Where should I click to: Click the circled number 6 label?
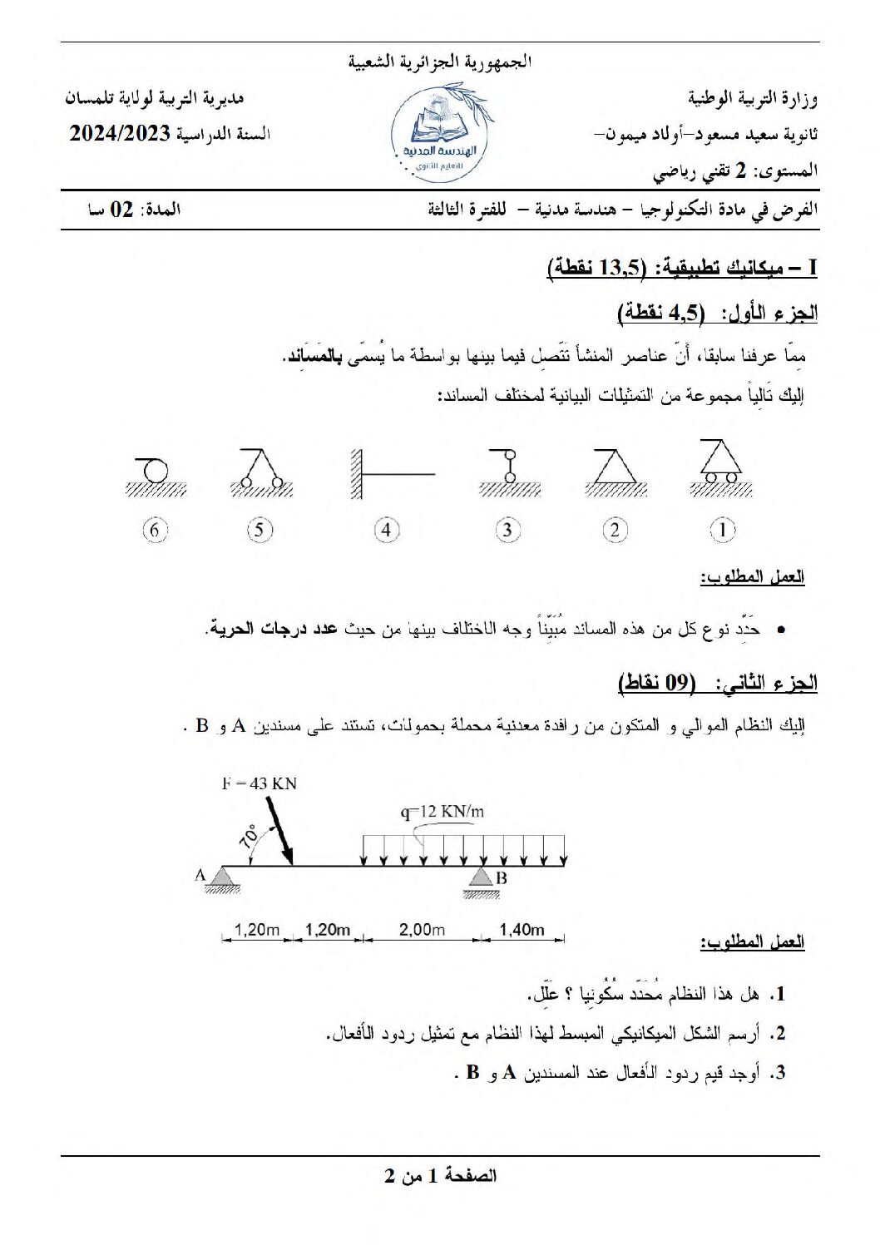click(156, 530)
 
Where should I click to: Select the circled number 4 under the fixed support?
click(386, 530)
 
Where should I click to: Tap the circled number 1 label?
click(723, 530)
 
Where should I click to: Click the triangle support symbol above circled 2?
click(616, 468)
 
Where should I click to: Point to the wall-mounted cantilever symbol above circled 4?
click(391, 474)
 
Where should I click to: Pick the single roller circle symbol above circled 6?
click(155, 470)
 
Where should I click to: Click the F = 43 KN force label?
click(260, 783)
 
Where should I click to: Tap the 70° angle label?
click(250, 836)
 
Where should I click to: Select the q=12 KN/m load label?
click(442, 811)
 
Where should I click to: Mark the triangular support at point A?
click(222, 877)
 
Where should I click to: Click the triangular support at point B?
click(482, 877)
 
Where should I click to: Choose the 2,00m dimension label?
click(422, 929)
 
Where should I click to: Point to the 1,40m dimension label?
click(522, 929)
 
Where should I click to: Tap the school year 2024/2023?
click(120, 133)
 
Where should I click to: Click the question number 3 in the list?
click(779, 1073)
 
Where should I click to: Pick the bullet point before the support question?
click(779, 630)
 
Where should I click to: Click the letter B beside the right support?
click(502, 877)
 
